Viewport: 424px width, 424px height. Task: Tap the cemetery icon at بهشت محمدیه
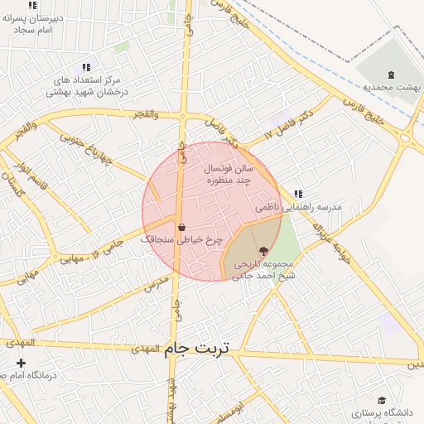coord(392,73)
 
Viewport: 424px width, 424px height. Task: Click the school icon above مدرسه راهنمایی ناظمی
coord(298,194)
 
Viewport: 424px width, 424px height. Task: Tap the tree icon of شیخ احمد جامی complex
coord(263,251)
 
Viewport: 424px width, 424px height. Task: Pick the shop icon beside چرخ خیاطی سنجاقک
coord(181,227)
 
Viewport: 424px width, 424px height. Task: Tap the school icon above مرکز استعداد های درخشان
coord(85,67)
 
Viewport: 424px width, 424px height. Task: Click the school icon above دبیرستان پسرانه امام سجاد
coord(32,5)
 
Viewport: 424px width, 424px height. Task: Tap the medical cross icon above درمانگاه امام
coord(21,363)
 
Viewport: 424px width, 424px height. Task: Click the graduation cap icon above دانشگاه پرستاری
coord(382,400)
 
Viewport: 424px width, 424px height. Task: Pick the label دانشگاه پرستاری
coord(386,412)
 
